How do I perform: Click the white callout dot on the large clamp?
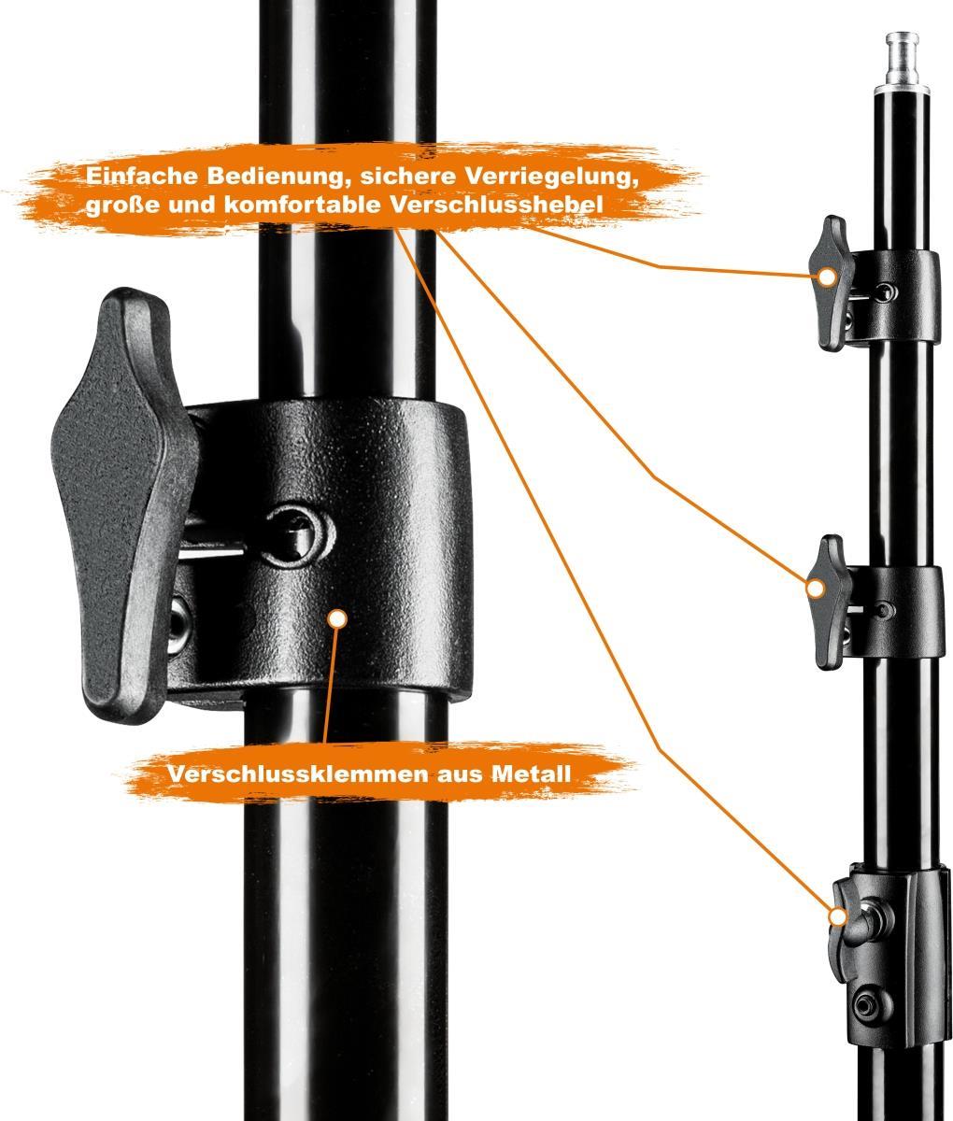click(x=338, y=618)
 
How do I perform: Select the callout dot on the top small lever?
click(x=827, y=277)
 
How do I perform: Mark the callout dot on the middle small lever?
click(x=816, y=589)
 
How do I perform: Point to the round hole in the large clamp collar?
click(x=299, y=536)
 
